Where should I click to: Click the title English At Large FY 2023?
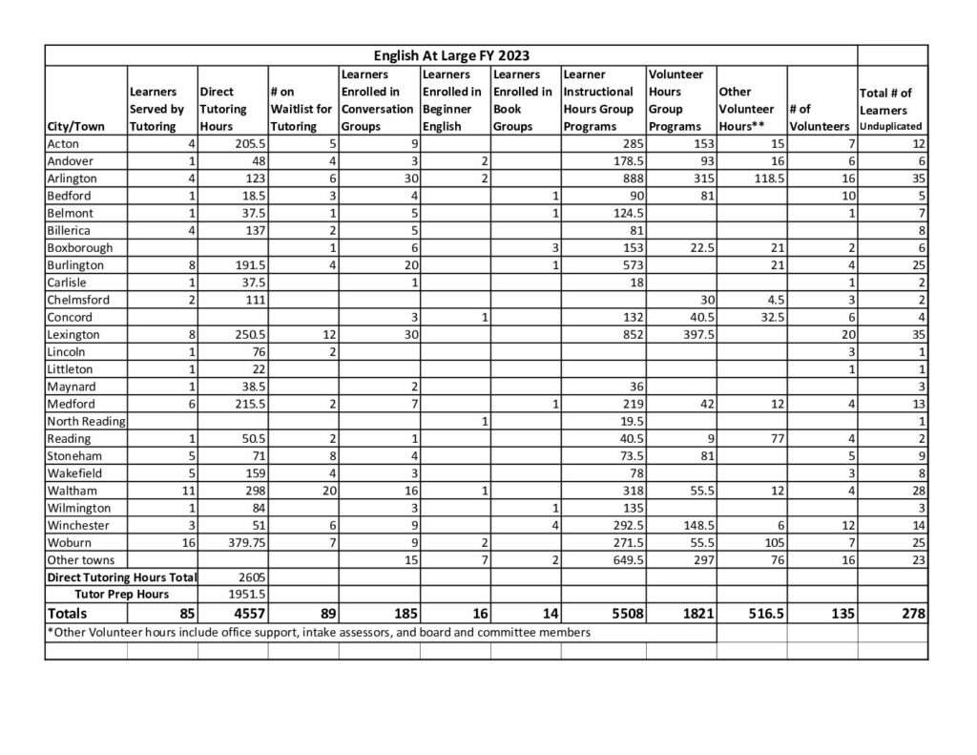(451, 55)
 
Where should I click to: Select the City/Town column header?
(75, 126)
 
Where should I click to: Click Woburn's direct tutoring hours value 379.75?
(240, 542)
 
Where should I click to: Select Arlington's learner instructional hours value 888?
(626, 178)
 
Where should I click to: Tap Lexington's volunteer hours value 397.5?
(695, 334)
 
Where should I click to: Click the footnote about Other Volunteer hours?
(319, 632)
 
